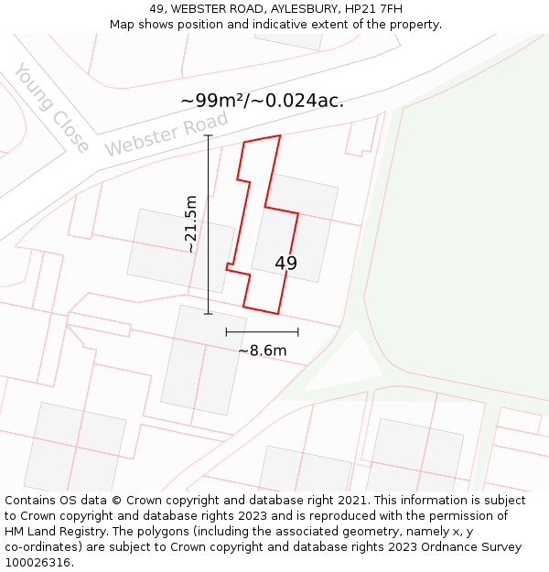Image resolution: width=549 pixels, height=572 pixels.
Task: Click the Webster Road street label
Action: coord(166,134)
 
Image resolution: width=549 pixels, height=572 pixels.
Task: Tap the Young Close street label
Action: coord(52,108)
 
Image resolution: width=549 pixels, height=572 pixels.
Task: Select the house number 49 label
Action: coord(285,264)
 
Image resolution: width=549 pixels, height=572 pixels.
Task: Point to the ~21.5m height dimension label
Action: coord(189,224)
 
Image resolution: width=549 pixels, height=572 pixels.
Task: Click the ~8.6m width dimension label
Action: coord(263,351)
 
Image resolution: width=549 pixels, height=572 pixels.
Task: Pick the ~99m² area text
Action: coord(214,101)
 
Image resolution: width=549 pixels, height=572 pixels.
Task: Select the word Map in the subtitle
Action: coord(123,25)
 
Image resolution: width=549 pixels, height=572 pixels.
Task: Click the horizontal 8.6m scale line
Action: coord(263,332)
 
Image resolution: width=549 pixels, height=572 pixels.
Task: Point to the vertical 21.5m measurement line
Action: coord(209,224)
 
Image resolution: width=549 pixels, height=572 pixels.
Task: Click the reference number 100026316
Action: coord(38,563)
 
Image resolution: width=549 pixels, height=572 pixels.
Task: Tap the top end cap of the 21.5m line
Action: coord(209,135)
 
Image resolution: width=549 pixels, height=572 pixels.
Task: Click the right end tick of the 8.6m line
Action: coord(298,332)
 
